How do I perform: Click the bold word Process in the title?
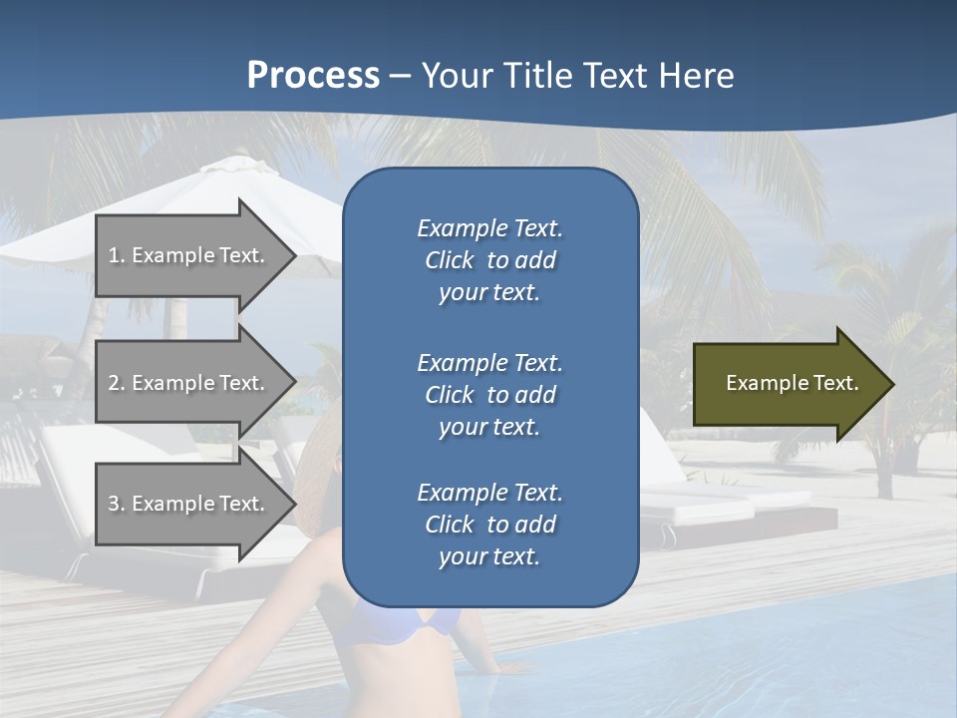point(313,76)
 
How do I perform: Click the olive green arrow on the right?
point(788,384)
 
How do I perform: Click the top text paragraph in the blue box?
point(489,260)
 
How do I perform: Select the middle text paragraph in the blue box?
point(489,395)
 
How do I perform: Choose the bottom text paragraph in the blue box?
point(489,525)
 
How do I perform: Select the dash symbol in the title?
point(400,76)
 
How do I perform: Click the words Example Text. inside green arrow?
point(792,383)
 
